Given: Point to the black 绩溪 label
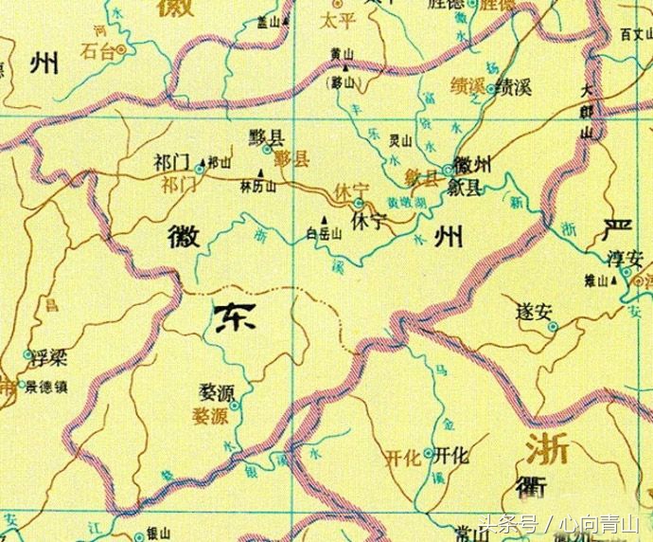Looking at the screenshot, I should click(515, 89).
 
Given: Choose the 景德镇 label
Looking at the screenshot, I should click(47, 388).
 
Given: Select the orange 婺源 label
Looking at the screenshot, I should click(210, 416).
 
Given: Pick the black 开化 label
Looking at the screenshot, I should click(452, 455).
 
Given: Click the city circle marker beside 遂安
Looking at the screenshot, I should click(554, 328).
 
